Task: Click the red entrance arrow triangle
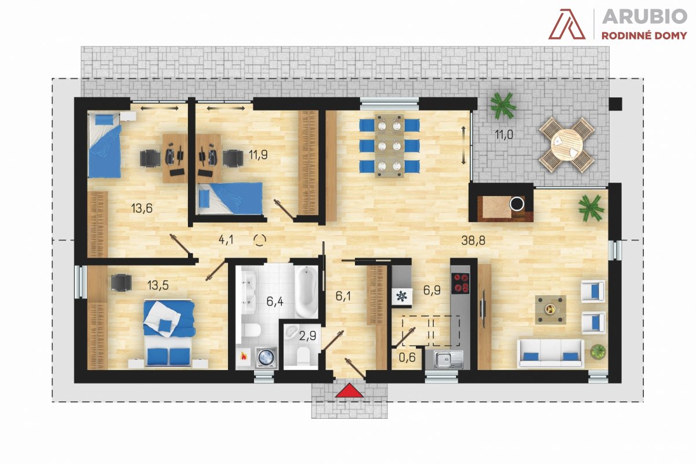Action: tap(349, 390)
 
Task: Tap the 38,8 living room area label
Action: tap(473, 241)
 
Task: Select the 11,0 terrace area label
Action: tap(503, 135)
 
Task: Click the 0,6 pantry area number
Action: tap(407, 357)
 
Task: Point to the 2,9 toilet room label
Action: tap(307, 336)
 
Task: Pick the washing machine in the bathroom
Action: tap(266, 357)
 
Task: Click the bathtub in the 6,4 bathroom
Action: tap(306, 292)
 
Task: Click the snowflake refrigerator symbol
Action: tap(401, 296)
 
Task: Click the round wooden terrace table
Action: tap(567, 144)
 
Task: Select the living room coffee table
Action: tap(550, 310)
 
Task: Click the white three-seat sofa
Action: tap(550, 353)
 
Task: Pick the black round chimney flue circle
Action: tap(517, 204)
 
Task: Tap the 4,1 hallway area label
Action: tap(226, 240)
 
